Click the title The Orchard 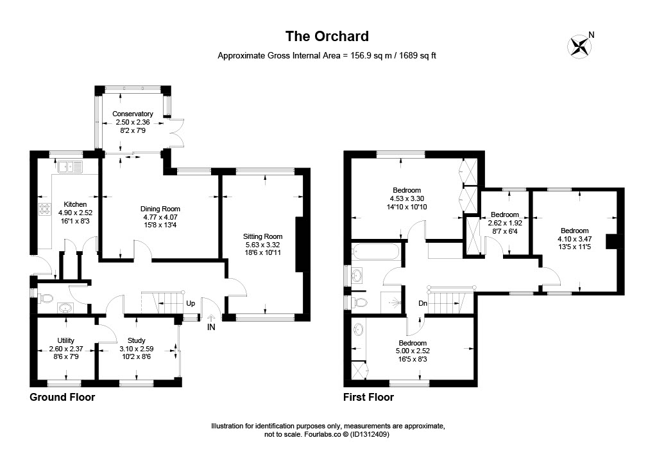(x=327, y=37)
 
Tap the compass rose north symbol (x=579, y=46)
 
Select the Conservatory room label (x=132, y=114)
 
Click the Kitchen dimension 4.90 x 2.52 (x=76, y=213)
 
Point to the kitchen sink (x=71, y=167)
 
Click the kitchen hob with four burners (x=44, y=209)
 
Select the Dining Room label (x=160, y=209)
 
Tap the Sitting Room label (x=262, y=236)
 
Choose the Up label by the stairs (x=191, y=303)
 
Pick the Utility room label (x=66, y=340)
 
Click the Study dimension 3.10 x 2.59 (x=137, y=349)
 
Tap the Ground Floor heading (x=62, y=397)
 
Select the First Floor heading (x=369, y=397)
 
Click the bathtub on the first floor (x=376, y=252)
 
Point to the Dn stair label (x=423, y=303)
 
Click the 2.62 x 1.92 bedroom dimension (x=505, y=223)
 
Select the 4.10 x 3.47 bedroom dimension (x=574, y=239)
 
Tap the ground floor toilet (x=45, y=299)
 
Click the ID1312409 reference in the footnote (x=370, y=434)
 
